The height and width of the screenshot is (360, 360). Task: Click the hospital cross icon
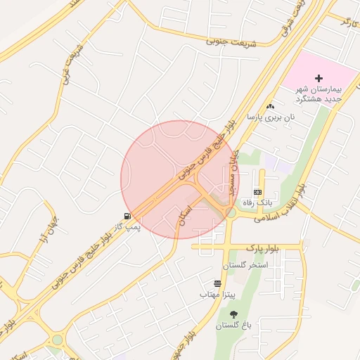pos(319,77)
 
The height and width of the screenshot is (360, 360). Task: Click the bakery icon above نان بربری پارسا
pos(270,105)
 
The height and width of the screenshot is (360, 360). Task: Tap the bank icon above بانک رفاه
pos(258,191)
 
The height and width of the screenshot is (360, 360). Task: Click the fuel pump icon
pos(127,215)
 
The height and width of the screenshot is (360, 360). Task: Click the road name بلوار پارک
pos(263,248)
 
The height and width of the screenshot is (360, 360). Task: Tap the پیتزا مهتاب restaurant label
pos(217,293)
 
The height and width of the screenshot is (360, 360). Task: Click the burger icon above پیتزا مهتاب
pos(217,283)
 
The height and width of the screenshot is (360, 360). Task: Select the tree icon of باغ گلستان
pos(233,314)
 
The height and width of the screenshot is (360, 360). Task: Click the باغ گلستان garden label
pos(234,326)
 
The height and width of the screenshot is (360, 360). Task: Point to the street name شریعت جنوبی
pos(231,42)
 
